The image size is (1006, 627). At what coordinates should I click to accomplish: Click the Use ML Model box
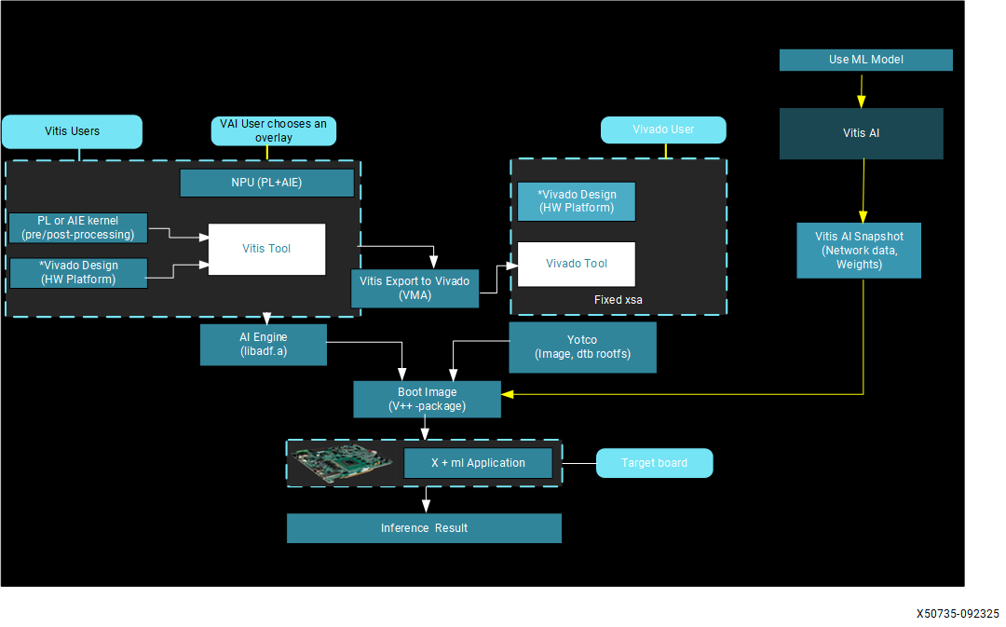(x=865, y=60)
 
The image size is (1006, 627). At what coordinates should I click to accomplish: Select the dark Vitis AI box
(x=861, y=133)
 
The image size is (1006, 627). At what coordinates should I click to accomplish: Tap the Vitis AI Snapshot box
(x=858, y=250)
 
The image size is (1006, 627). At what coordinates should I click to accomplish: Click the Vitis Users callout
(x=72, y=131)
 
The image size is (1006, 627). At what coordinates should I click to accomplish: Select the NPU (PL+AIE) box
(x=266, y=183)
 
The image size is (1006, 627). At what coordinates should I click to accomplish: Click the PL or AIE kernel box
(x=77, y=227)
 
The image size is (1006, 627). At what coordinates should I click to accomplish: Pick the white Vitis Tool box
(x=266, y=249)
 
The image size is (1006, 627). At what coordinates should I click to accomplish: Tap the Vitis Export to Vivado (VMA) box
(x=415, y=287)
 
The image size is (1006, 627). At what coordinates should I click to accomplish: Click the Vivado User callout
(x=662, y=129)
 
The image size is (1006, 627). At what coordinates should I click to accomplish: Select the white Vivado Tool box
(x=576, y=264)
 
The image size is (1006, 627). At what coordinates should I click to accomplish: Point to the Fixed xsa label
(x=618, y=300)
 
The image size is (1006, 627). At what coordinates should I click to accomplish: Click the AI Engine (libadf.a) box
(x=264, y=344)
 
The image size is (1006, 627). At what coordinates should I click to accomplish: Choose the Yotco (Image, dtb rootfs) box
(x=582, y=347)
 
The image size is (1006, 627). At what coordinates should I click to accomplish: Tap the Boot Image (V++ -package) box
(x=427, y=399)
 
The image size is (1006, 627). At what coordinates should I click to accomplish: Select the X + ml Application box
(x=478, y=463)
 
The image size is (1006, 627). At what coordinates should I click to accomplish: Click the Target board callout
(x=654, y=463)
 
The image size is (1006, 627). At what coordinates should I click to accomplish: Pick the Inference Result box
(x=424, y=528)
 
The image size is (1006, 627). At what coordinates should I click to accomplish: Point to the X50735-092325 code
(x=958, y=615)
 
